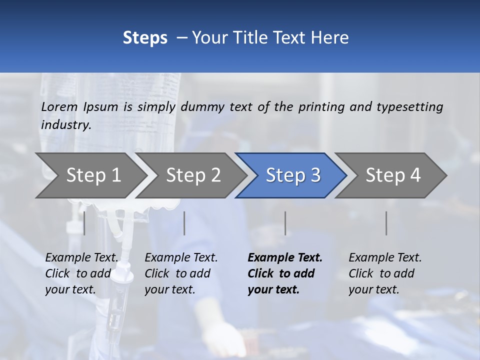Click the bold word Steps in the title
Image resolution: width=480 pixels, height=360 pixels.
(145, 38)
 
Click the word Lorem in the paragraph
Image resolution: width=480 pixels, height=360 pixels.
(59, 106)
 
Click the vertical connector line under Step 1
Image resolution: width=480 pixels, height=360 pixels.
(84, 223)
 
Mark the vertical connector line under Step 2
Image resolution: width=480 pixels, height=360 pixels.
(184, 223)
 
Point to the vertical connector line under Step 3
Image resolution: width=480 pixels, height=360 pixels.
(285, 223)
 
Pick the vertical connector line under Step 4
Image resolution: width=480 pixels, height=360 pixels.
(386, 223)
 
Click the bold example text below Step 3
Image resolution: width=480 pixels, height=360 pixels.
(285, 273)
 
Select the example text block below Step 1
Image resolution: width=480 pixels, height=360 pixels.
(82, 273)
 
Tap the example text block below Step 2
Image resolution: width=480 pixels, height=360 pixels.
(181, 273)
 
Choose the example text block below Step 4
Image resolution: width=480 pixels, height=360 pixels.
(385, 273)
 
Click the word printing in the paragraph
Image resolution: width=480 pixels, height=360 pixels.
(321, 106)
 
